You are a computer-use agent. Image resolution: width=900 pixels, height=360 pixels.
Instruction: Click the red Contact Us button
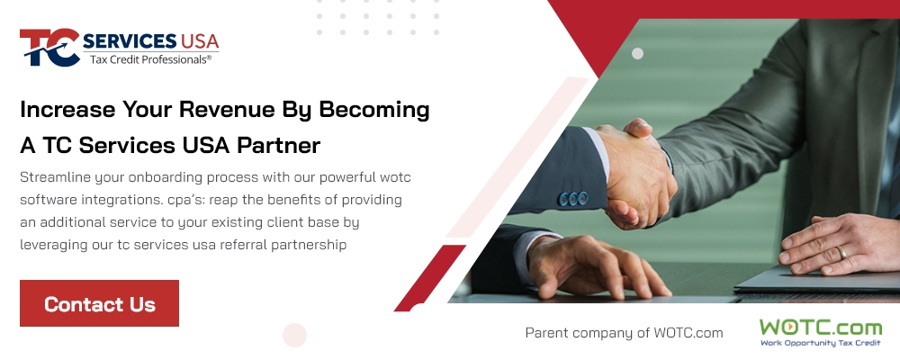pos(99,303)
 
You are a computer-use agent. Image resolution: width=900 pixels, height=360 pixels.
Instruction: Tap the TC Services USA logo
pos(120,47)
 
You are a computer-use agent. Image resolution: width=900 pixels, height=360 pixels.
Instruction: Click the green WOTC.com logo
pos(820,332)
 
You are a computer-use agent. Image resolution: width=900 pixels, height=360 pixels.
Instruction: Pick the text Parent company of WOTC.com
pos(624,332)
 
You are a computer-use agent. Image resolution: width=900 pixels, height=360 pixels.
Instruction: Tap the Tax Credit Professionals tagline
pos(150,59)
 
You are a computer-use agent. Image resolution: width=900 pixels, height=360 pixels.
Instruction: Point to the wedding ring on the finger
pos(841,252)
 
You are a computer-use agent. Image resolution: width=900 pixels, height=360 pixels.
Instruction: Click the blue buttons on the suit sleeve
pos(573,199)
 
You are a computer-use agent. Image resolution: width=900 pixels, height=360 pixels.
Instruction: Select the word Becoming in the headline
pos(374,110)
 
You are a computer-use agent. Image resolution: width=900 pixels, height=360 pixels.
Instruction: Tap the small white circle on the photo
pos(637,53)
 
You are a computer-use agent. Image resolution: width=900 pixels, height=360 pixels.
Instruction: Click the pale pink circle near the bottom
pos(294,336)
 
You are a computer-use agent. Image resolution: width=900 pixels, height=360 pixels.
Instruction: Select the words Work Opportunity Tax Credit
pos(820,343)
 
